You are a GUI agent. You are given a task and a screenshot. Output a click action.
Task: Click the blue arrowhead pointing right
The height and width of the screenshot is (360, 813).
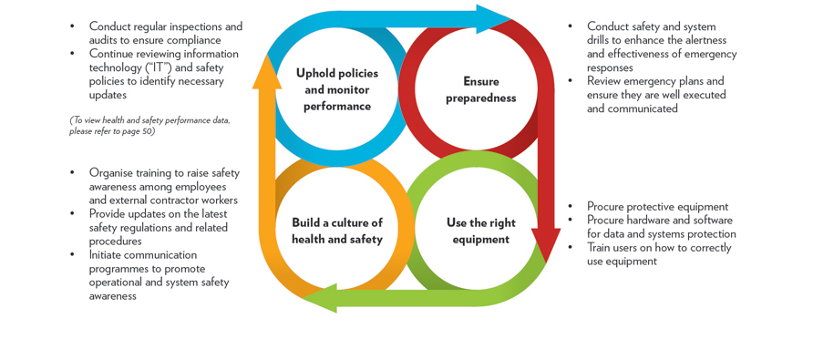(x=492, y=18)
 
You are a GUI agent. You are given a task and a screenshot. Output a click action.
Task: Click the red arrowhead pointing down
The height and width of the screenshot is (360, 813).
(x=545, y=244)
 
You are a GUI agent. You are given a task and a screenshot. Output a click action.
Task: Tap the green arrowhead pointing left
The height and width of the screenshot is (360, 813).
(x=321, y=298)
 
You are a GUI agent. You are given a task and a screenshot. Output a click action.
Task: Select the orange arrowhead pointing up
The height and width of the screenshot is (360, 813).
(x=267, y=73)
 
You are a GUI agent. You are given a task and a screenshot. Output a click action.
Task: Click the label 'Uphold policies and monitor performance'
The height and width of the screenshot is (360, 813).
(x=337, y=89)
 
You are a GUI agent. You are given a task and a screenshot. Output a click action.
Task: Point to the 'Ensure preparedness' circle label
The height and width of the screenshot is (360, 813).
(x=480, y=89)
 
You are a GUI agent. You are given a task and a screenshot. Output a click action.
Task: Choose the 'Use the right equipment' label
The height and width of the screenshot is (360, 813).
(x=480, y=231)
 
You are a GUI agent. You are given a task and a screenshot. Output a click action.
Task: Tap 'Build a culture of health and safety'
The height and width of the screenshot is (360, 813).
(x=337, y=231)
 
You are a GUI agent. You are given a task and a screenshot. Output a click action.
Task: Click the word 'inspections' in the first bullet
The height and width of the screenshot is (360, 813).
(x=190, y=26)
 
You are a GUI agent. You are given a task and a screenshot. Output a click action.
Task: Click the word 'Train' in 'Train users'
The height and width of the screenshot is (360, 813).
(x=602, y=248)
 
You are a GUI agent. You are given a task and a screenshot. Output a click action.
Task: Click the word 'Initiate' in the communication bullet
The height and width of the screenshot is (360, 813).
(x=109, y=255)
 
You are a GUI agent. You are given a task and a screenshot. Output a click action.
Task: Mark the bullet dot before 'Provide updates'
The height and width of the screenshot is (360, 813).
(x=73, y=214)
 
